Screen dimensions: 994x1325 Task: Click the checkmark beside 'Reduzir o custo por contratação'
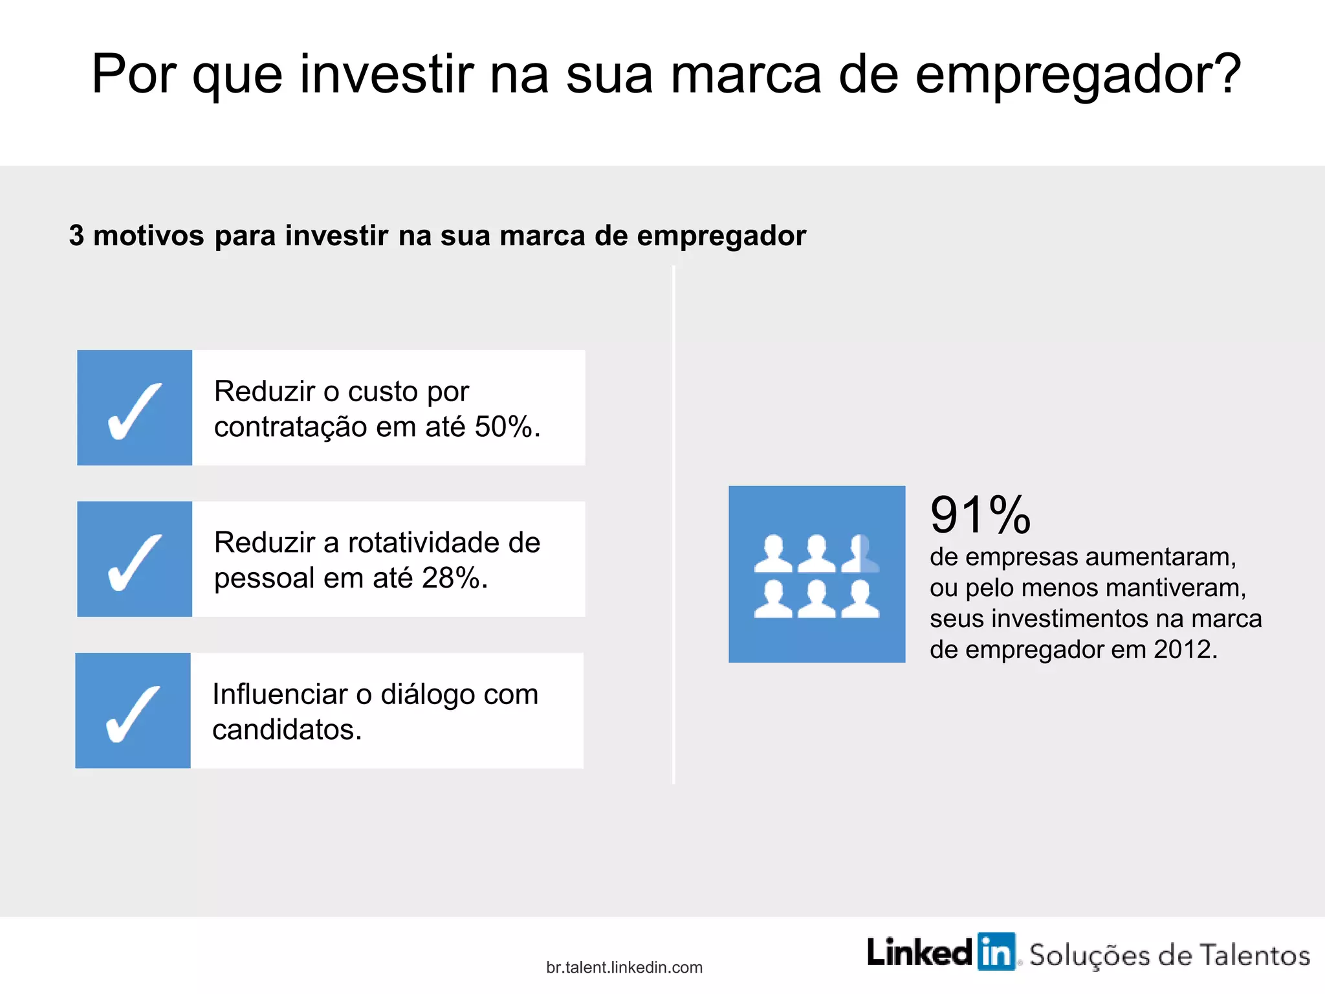pos(135,411)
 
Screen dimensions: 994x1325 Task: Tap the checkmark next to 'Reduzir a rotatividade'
pos(135,562)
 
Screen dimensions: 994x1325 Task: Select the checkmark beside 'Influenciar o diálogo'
pos(133,713)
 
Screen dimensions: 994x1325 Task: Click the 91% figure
pos(980,515)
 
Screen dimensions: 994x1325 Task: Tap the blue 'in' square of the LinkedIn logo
pos(996,952)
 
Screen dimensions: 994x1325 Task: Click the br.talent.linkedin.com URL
pos(624,967)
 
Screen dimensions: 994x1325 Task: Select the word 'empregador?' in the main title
pos(1078,74)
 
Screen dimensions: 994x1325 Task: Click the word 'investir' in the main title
pos(387,74)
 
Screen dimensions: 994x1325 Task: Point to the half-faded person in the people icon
pos(861,554)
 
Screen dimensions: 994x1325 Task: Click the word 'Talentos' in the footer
pos(1254,956)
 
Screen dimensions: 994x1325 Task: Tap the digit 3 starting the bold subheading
pos(76,236)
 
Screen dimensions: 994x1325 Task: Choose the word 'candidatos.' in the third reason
pos(287,730)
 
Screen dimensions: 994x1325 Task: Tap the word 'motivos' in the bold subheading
pos(149,236)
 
